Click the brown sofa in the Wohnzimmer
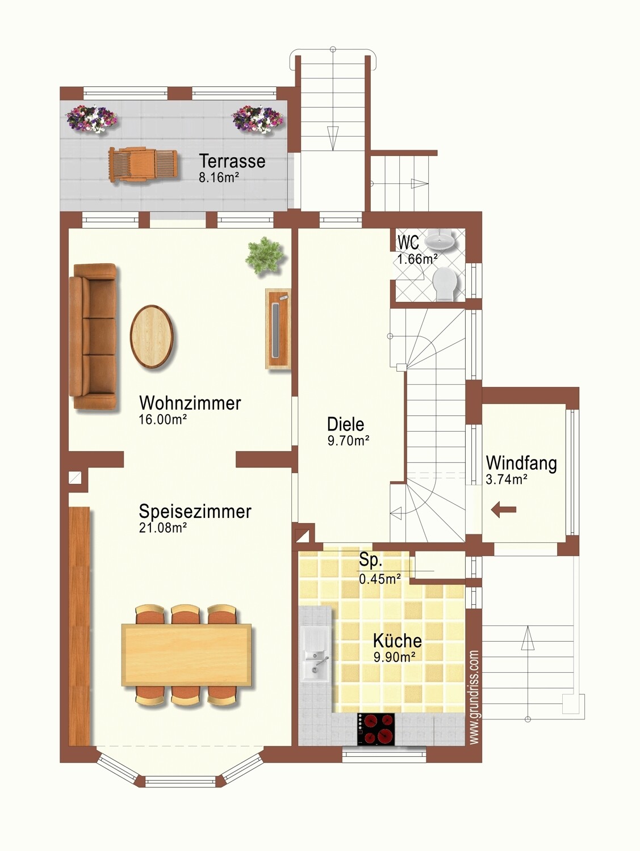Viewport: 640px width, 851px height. coord(94,336)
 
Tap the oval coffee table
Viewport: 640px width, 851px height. coord(152,336)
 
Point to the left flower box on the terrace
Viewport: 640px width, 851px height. coord(91,119)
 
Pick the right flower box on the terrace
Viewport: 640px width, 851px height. coord(257,119)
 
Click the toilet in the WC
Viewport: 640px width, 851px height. coord(445,284)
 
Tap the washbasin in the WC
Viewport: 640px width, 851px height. coord(440,239)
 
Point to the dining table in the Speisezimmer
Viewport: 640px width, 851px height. coord(186,655)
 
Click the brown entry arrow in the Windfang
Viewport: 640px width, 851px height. coord(504,509)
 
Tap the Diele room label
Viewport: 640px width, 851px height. coord(345,424)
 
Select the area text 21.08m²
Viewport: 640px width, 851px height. coord(163,528)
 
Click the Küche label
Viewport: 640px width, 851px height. coord(397,641)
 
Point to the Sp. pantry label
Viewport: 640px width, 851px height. coord(370,561)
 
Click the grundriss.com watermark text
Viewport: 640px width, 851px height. coord(474,697)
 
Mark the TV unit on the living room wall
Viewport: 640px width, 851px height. coord(278,330)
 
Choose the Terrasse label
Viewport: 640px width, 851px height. coord(232,161)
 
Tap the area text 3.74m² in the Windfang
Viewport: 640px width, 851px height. coord(507,479)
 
